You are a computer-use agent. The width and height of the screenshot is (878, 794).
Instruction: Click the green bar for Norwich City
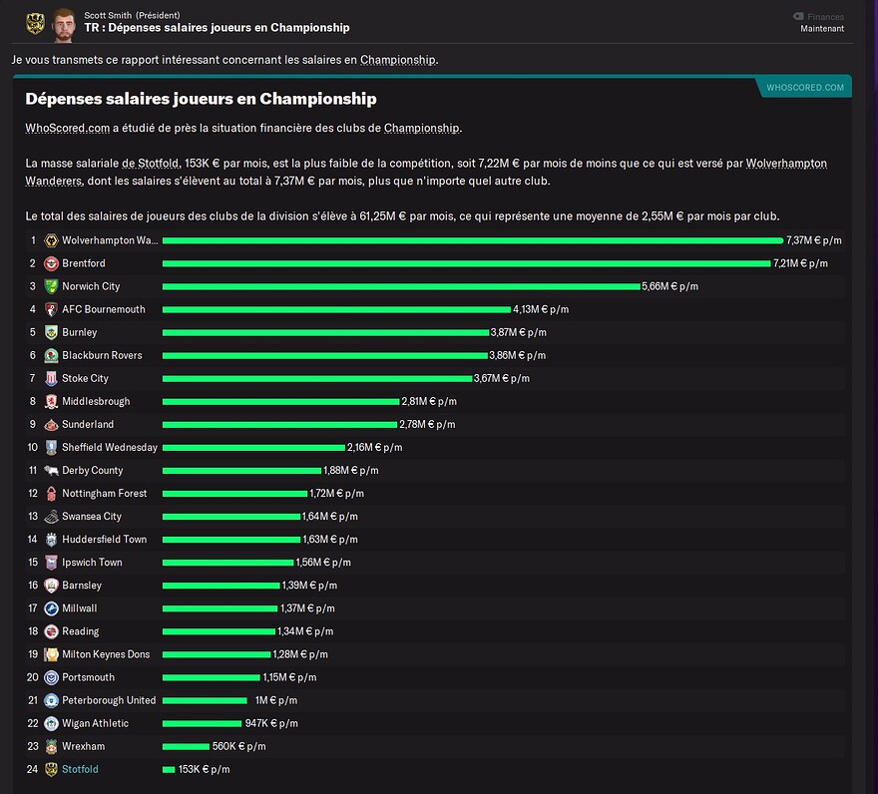click(x=401, y=286)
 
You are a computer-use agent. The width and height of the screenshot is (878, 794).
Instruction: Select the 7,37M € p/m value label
click(x=813, y=240)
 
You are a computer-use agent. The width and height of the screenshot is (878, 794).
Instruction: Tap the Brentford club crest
click(x=51, y=263)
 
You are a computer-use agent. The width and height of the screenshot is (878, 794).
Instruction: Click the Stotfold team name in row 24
click(x=80, y=769)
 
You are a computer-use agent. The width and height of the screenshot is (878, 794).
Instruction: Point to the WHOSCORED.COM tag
click(x=805, y=88)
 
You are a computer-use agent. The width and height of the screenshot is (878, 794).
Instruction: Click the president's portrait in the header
click(x=64, y=25)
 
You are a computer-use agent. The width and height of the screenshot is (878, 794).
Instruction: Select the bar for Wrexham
click(x=186, y=746)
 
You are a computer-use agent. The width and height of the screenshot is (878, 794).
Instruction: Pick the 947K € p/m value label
click(x=271, y=723)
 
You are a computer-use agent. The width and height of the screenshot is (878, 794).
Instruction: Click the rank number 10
click(x=33, y=448)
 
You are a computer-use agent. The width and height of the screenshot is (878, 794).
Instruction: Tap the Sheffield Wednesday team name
click(x=110, y=448)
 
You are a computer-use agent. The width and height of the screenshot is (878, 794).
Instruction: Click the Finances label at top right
click(x=825, y=17)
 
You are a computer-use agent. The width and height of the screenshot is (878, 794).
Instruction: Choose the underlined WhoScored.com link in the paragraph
click(x=67, y=129)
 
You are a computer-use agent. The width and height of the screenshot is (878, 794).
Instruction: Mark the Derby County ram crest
click(x=51, y=471)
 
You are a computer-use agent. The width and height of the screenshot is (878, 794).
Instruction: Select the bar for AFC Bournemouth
click(x=336, y=309)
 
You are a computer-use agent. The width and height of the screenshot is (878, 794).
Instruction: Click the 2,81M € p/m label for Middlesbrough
click(x=429, y=401)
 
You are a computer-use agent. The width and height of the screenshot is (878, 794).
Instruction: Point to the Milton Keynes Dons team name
click(x=106, y=654)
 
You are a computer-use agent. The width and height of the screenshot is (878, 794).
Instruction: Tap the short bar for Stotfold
click(x=169, y=769)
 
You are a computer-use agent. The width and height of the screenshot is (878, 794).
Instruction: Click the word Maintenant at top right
click(x=822, y=29)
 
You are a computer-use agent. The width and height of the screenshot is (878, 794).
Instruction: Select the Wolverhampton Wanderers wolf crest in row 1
click(x=51, y=240)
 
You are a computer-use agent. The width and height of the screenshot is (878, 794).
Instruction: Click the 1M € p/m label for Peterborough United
click(x=276, y=700)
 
